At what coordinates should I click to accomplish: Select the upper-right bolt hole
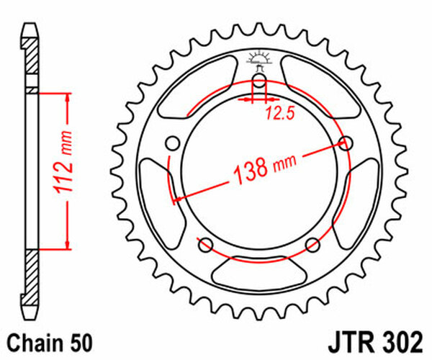click(346, 143)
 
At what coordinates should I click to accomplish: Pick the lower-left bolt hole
click(204, 243)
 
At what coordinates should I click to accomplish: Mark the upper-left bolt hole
click(171, 142)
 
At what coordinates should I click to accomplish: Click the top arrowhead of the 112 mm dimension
click(68, 96)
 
